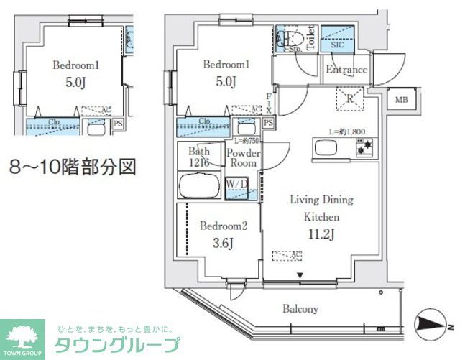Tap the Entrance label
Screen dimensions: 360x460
[x=346, y=70]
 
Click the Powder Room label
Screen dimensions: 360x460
[x=242, y=158]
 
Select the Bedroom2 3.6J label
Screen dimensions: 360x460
[x=224, y=233]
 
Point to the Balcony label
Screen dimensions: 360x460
[x=300, y=309]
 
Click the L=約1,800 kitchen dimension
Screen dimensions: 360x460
[x=348, y=131]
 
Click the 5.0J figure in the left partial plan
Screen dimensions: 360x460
[x=75, y=81]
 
